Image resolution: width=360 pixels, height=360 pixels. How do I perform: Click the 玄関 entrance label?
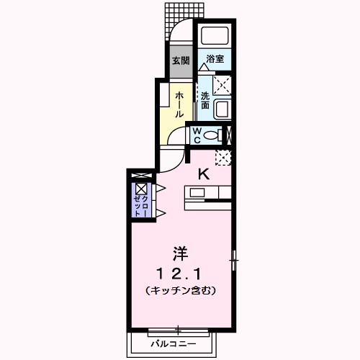click(181, 61)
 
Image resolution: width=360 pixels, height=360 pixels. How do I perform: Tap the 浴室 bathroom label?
click(214, 59)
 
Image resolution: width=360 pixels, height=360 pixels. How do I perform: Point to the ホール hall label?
click(180, 104)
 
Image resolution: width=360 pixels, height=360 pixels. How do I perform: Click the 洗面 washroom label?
click(205, 101)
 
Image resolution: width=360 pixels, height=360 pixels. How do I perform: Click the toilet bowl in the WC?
click(211, 135)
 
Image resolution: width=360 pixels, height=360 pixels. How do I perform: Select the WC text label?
click(195, 135)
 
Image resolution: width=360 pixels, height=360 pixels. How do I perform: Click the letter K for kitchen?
click(204, 173)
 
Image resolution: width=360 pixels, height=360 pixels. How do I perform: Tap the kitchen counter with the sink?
click(207, 193)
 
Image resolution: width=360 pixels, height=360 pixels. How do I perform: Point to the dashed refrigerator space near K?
click(223, 157)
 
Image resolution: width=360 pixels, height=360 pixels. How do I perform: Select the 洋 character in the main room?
click(180, 254)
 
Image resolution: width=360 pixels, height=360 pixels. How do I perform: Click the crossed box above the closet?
click(140, 176)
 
